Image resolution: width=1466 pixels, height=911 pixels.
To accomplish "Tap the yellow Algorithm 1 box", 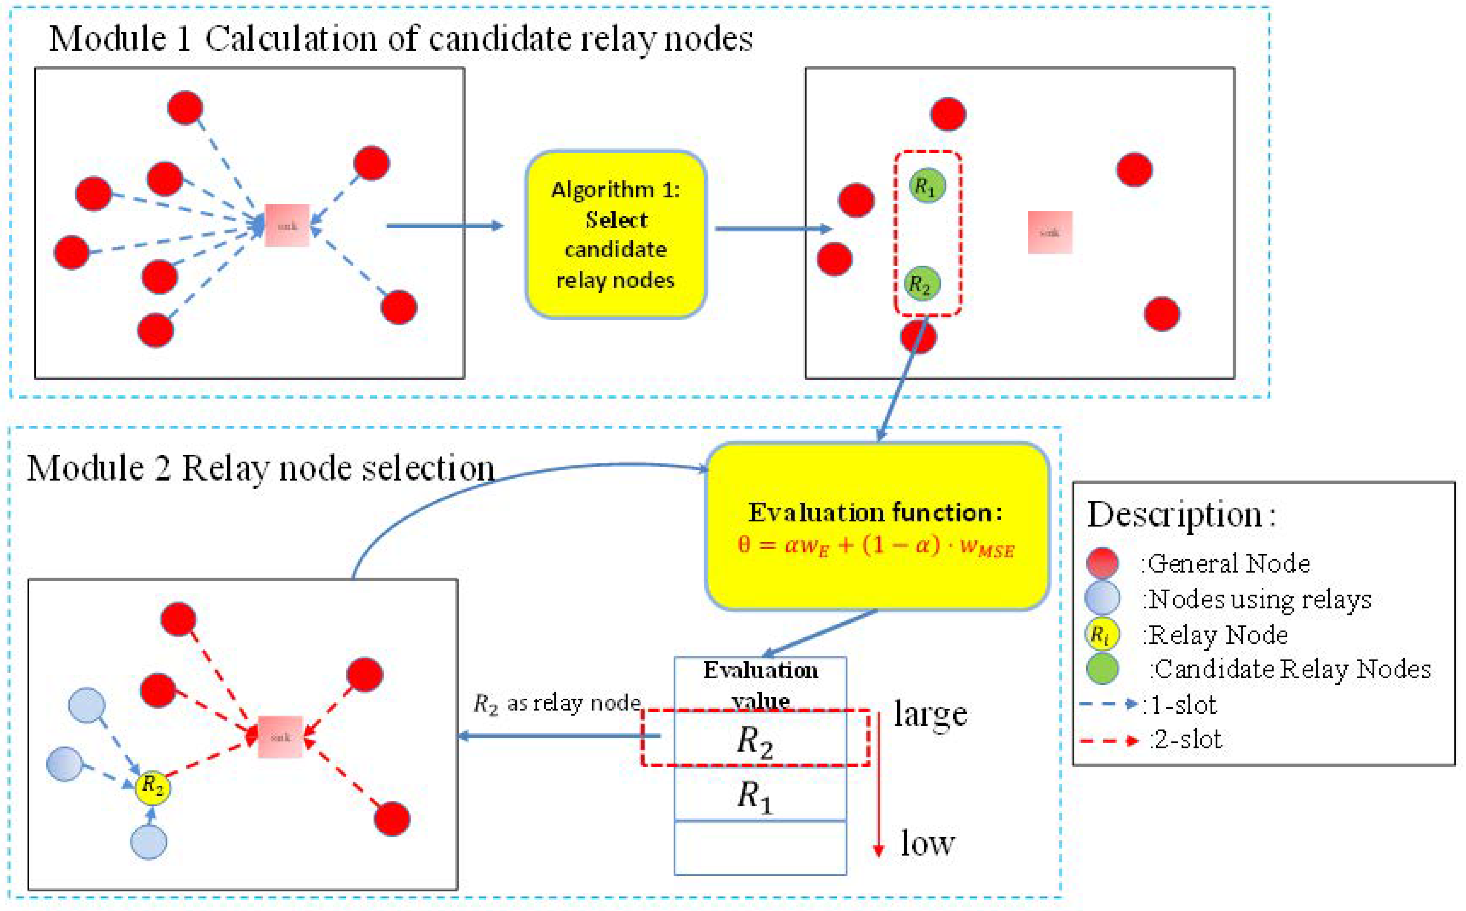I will tap(616, 234).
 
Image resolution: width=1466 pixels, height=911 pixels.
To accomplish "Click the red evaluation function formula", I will tap(876, 546).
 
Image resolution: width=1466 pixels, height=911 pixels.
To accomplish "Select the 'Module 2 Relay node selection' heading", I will tap(260, 468).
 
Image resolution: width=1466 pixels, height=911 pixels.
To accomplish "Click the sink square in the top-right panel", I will tap(1049, 232).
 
